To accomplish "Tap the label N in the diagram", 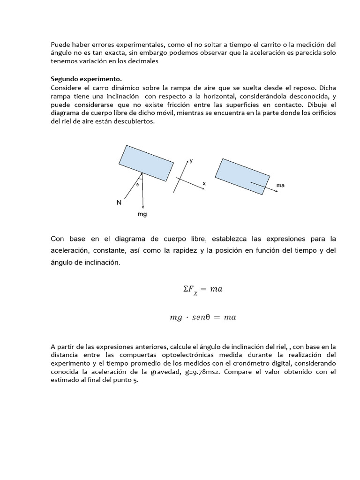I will coord(119,202).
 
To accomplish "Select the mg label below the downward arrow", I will coord(142,214).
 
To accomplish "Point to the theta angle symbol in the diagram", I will coord(137,185).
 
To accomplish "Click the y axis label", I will coord(191,160).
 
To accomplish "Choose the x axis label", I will coord(204,184).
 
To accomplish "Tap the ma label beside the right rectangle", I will coord(280,185).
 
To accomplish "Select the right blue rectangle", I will coord(242,176).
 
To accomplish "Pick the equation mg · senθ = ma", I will coord(202,317).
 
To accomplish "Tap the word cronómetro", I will coord(235,364).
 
